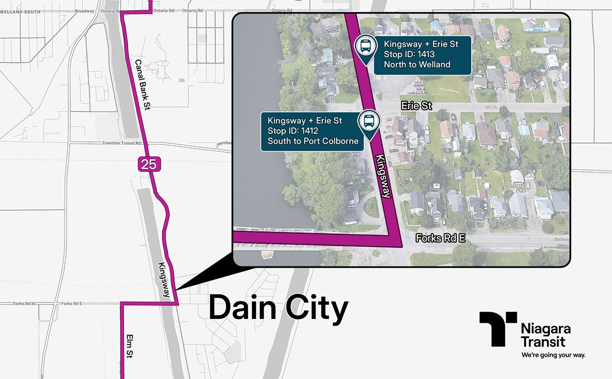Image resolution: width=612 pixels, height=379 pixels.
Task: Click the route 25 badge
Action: tap(146, 164)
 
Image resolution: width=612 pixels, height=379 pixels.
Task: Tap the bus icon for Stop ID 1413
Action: tap(365, 46)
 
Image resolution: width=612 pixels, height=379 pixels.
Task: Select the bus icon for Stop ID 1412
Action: tap(368, 121)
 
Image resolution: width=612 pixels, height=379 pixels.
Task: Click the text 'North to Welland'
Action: tap(417, 65)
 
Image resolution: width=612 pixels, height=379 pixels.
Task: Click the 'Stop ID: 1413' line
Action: tap(408, 55)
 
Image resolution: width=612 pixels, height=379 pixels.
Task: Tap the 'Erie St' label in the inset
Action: tap(416, 105)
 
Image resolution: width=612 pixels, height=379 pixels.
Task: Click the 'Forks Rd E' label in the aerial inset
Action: tap(438, 238)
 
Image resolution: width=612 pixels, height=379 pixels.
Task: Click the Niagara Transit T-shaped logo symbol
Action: tap(496, 328)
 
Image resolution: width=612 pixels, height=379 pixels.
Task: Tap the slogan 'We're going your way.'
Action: tap(552, 355)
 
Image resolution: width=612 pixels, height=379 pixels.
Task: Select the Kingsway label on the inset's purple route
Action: tap(384, 176)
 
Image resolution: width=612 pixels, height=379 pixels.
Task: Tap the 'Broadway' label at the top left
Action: tap(85, 11)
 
